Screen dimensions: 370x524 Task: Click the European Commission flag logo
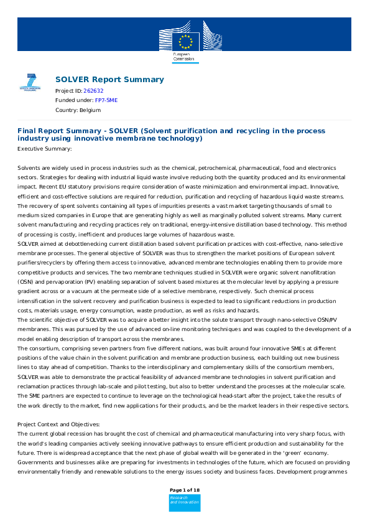[185, 36]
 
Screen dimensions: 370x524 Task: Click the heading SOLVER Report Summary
[109, 79]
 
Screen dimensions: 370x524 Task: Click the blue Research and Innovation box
[185, 502]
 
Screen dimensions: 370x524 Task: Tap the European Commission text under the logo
[183, 57]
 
